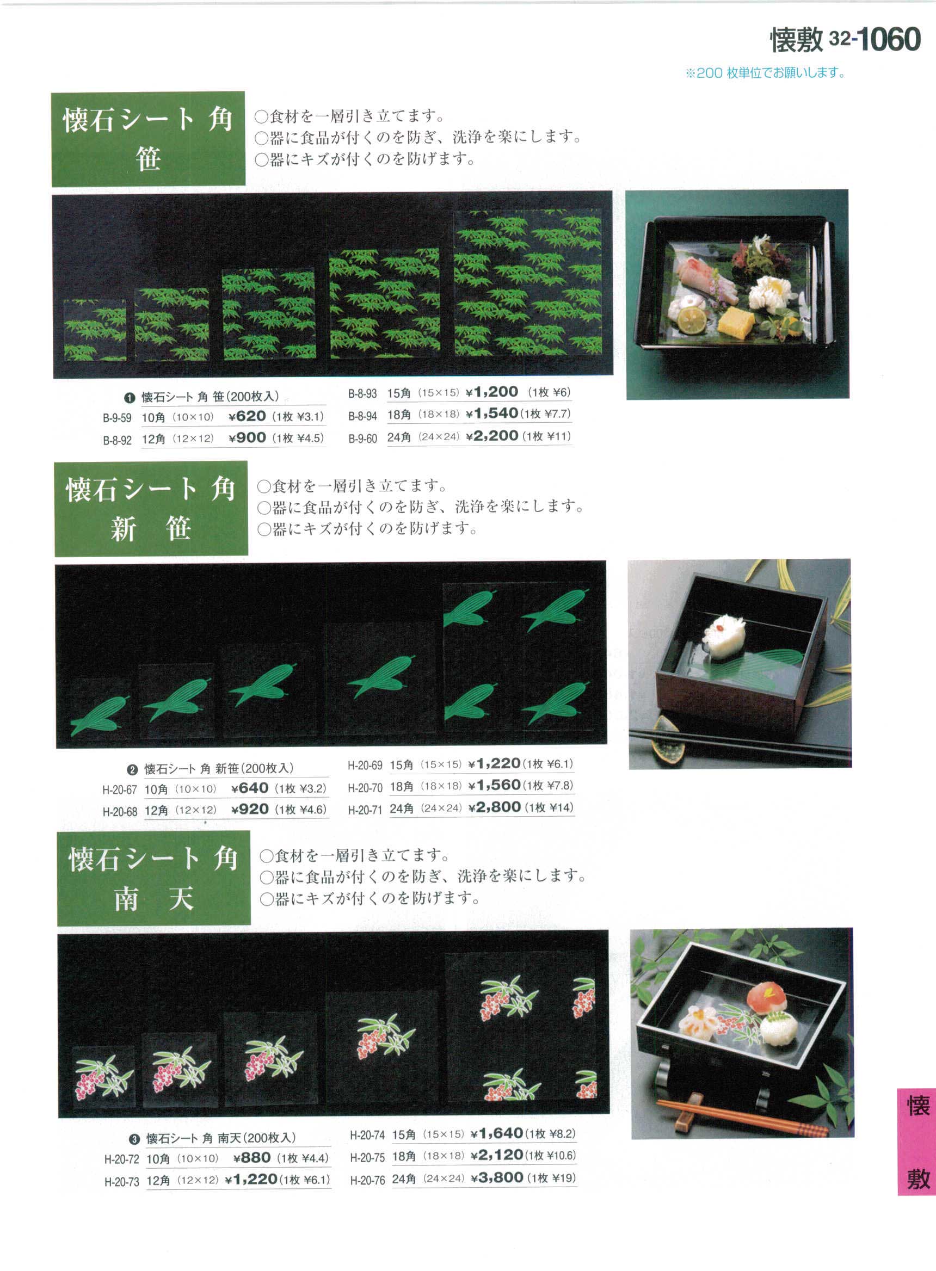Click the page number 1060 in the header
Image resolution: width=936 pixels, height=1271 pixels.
[x=889, y=39]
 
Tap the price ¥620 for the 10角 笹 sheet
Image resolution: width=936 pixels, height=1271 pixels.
[x=247, y=416]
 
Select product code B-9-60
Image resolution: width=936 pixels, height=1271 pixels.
[x=362, y=439]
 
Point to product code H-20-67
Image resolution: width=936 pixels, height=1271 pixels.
[x=120, y=789]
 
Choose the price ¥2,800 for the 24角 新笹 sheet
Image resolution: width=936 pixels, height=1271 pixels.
[x=495, y=806]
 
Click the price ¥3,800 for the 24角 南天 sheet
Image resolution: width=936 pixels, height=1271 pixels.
[x=497, y=1177]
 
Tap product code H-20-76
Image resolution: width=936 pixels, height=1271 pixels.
[x=367, y=1180]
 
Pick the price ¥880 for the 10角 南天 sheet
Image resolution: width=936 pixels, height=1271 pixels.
[x=252, y=1157]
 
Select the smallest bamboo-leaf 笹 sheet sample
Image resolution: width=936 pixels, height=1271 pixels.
[x=95, y=330]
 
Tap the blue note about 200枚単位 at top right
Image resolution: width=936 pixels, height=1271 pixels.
[x=766, y=73]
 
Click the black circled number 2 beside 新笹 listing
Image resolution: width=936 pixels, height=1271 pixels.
[x=132, y=770]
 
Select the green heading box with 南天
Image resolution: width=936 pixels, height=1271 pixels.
[x=153, y=878]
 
